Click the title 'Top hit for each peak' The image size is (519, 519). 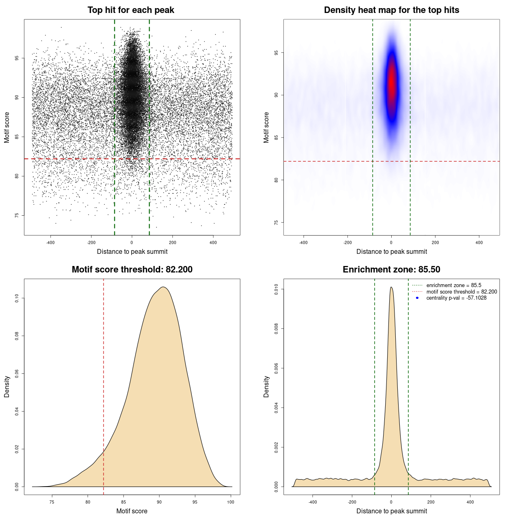(x=131, y=10)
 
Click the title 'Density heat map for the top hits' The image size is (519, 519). (x=391, y=10)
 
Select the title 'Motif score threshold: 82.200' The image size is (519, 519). (x=132, y=270)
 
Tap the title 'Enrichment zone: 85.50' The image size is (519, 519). (x=391, y=270)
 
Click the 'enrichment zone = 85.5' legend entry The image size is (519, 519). (x=454, y=285)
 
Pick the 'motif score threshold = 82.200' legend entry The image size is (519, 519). (x=461, y=292)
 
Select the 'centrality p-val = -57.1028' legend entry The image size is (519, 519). (x=456, y=298)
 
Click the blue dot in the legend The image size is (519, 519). (x=417, y=298)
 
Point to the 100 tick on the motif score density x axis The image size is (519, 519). (x=231, y=502)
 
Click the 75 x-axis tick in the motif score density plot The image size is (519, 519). (x=52, y=502)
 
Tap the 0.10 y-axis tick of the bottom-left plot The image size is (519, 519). (x=17, y=298)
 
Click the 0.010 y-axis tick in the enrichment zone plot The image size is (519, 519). (x=276, y=289)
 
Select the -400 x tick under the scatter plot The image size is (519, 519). (x=50, y=242)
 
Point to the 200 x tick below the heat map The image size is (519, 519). (x=435, y=242)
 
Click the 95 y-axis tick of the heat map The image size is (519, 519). (x=276, y=53)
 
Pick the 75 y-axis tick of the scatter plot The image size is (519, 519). (x=17, y=215)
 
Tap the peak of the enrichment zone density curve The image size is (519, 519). (x=391, y=287)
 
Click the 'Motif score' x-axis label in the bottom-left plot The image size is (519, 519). (x=132, y=511)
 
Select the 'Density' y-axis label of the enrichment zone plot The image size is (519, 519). (x=266, y=386)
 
